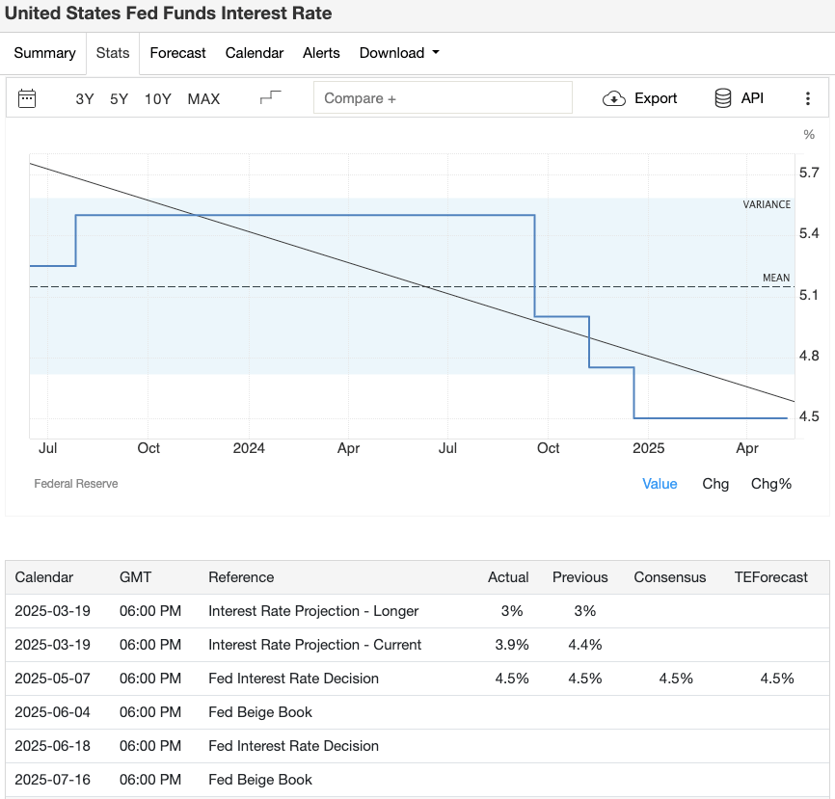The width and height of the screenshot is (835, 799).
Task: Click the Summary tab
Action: (44, 53)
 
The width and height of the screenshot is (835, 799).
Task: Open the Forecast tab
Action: (177, 53)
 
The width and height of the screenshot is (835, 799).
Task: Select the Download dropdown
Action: (398, 53)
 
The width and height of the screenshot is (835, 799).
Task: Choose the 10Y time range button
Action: (157, 98)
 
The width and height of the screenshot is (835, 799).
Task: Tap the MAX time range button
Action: (203, 98)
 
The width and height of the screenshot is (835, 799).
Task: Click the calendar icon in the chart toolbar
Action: (27, 98)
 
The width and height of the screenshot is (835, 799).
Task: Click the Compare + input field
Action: (443, 98)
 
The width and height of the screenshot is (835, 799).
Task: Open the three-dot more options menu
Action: (808, 98)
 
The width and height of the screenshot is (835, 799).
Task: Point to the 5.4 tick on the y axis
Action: (809, 234)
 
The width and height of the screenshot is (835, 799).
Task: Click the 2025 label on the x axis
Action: (648, 448)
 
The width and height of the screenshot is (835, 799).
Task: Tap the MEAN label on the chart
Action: (775, 279)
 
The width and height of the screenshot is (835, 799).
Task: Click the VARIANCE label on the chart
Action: (767, 204)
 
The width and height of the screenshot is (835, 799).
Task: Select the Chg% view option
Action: (770, 484)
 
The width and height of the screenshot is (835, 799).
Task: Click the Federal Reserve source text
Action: (76, 484)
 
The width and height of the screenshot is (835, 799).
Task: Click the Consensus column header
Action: (669, 577)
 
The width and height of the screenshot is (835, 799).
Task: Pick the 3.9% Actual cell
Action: (511, 645)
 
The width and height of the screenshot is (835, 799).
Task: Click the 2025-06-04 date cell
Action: (52, 712)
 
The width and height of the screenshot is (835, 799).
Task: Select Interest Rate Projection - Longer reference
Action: (313, 611)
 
